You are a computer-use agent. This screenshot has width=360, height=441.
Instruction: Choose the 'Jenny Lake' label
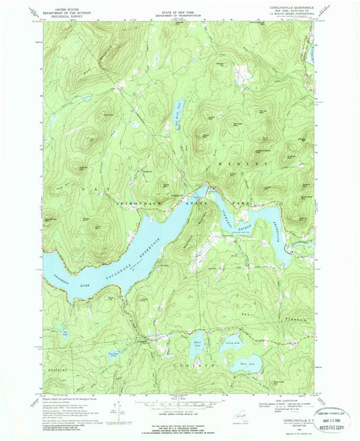(234, 344)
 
